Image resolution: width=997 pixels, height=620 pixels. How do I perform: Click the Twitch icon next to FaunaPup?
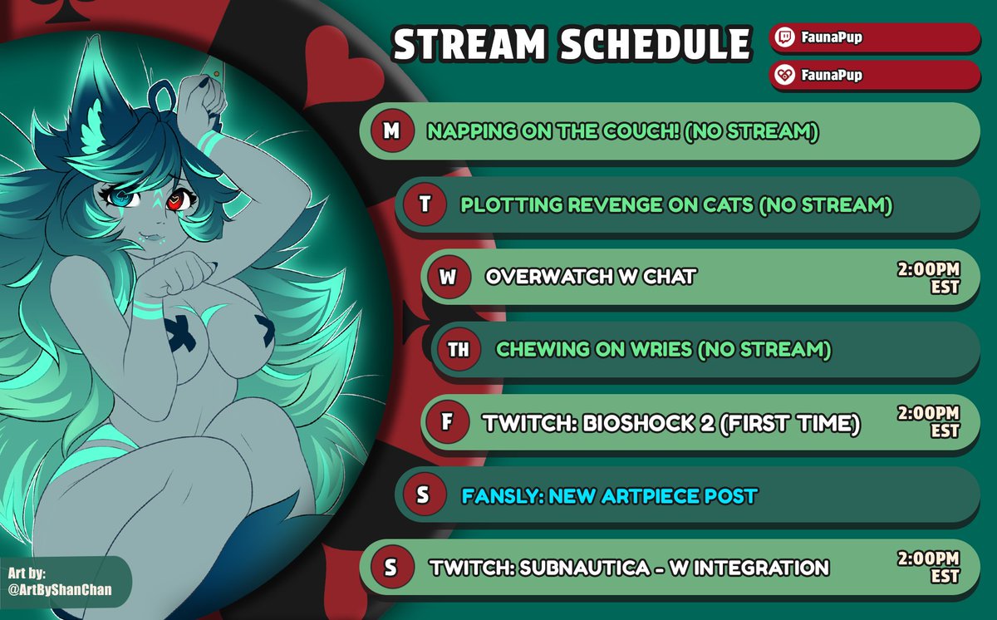pos(785,37)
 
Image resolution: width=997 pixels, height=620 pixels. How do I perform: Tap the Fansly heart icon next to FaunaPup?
pos(785,75)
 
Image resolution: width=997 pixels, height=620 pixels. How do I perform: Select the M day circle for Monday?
pos(388,130)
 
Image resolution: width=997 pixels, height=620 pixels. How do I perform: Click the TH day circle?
pos(458,350)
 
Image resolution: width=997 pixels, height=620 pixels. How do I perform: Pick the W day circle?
pos(448,277)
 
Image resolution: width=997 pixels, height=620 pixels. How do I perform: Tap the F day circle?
pos(446,423)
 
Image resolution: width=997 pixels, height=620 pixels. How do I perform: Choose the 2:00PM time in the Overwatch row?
pos(929,270)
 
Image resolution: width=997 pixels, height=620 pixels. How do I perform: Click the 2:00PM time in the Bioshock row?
pos(929,414)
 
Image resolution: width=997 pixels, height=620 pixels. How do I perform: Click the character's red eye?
pos(176,201)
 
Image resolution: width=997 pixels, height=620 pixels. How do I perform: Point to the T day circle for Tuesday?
pos(425,204)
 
